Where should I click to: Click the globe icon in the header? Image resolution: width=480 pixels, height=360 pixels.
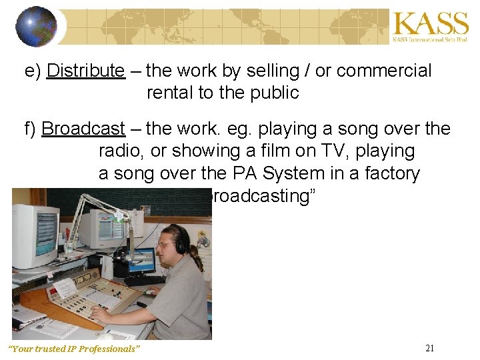point(37,27)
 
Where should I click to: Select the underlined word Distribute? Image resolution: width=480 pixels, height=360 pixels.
point(86,71)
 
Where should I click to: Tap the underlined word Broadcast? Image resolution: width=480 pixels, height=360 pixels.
point(83,129)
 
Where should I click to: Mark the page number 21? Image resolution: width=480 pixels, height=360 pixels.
point(429,348)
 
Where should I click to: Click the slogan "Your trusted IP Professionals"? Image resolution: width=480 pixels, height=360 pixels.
point(74,349)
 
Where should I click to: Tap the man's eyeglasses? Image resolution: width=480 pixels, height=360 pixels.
point(164,245)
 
